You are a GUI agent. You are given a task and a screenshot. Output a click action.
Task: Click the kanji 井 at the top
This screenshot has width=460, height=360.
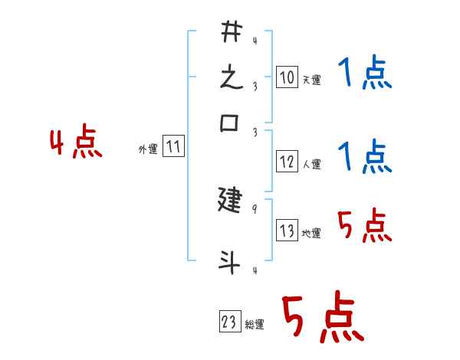point(232,31)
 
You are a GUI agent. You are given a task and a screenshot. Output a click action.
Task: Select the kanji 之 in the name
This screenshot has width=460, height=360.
point(232,77)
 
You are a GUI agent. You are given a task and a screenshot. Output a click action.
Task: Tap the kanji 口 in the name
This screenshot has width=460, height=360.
point(229,123)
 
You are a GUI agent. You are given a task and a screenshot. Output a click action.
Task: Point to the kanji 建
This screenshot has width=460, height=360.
point(230,200)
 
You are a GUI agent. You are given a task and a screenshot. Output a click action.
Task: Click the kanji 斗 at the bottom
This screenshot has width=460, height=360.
point(229,262)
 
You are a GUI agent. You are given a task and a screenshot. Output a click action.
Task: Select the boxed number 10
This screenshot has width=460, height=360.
point(287,77)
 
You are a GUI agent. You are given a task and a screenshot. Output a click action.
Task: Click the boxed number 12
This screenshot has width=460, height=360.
point(287,162)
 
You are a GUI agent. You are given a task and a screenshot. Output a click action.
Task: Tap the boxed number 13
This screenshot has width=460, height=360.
point(287,230)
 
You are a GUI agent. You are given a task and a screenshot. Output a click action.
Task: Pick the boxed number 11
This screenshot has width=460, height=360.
point(173,146)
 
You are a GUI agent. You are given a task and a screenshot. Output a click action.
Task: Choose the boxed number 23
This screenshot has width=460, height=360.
point(230,321)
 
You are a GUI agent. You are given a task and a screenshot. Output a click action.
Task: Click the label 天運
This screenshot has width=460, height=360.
point(312,80)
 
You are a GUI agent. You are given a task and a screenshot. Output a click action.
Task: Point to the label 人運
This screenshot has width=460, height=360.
point(312,164)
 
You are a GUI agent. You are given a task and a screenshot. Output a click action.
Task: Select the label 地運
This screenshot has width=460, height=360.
point(311,233)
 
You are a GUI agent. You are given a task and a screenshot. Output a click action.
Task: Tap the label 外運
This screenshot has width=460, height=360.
point(149,149)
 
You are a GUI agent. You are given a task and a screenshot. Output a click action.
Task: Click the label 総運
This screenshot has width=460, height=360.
point(255,324)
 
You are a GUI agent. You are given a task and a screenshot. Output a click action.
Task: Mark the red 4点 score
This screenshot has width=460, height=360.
point(76,141)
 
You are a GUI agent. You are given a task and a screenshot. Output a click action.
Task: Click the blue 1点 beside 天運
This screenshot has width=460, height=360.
point(365,73)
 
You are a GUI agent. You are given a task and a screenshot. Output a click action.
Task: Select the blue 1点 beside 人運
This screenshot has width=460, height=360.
point(365,156)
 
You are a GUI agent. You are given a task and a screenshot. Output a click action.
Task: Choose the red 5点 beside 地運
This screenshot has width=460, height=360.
point(365,225)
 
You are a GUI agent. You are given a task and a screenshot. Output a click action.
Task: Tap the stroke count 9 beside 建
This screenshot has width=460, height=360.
point(255,209)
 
